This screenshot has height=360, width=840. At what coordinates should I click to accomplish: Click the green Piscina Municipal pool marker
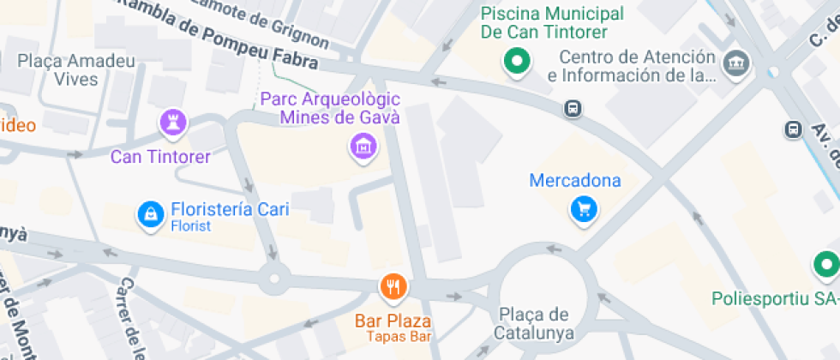(x=517, y=61)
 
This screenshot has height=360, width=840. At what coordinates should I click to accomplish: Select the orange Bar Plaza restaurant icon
(x=393, y=288)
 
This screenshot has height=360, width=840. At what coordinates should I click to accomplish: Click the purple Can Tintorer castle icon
(x=172, y=123)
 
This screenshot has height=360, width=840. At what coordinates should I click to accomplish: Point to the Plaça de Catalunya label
(x=532, y=323)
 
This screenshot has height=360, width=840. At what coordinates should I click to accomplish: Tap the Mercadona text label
(x=575, y=181)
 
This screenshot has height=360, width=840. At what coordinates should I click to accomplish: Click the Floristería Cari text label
(x=230, y=209)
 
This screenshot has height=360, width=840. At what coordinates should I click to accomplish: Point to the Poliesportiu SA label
(x=774, y=299)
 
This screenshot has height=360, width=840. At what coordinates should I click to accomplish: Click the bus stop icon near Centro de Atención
(x=573, y=109)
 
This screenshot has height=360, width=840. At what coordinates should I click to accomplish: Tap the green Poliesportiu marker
(x=825, y=263)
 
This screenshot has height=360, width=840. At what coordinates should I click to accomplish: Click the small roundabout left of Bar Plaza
(x=274, y=277)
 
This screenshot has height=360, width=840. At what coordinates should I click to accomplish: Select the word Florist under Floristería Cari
(x=190, y=226)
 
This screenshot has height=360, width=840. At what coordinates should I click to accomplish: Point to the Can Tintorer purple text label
(x=160, y=157)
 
